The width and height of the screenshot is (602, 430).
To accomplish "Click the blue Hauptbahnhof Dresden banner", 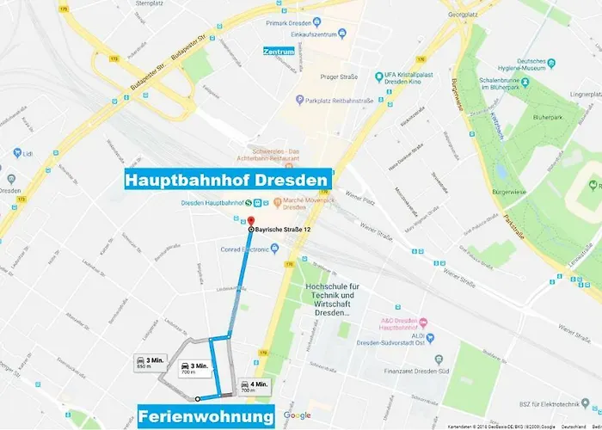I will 227,181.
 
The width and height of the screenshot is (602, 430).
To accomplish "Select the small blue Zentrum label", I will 279,52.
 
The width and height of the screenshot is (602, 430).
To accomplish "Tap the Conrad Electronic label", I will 236,250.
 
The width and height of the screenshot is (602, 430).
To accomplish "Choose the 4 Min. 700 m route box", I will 255,386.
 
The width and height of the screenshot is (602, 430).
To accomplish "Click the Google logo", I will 297,415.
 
